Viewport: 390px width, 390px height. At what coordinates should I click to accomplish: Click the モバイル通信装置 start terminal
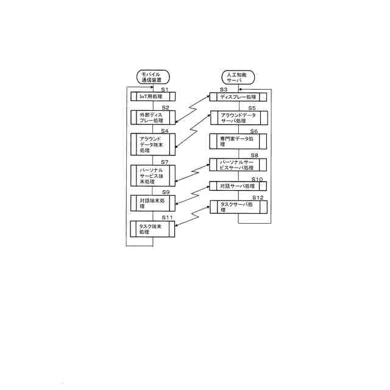[153, 77]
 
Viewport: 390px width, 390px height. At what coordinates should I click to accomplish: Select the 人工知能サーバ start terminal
[238, 77]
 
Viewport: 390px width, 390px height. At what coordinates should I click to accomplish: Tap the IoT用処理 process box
[153, 96]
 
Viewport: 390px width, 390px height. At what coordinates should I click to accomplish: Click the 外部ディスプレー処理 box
[153, 117]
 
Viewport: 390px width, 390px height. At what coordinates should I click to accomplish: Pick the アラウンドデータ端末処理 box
[153, 144]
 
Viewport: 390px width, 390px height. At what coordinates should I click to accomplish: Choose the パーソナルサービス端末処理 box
[153, 175]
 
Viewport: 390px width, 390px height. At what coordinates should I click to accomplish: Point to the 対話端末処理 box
[153, 202]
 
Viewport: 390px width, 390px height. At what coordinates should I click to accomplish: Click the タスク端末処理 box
[153, 229]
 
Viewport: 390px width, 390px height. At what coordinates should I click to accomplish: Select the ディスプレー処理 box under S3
[238, 96]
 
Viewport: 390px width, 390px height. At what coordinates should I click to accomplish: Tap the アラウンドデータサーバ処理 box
[238, 117]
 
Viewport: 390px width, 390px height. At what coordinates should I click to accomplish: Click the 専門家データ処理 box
[238, 141]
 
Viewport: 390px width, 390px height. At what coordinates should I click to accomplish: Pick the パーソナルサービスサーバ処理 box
[238, 165]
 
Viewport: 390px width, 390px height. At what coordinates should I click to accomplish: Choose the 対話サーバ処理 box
[238, 186]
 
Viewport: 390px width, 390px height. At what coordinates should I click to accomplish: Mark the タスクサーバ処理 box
[238, 207]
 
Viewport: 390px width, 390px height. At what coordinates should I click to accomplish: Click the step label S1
[164, 90]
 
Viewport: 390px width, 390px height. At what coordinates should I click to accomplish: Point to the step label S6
[253, 131]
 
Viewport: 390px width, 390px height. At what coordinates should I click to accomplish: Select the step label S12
[257, 198]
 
